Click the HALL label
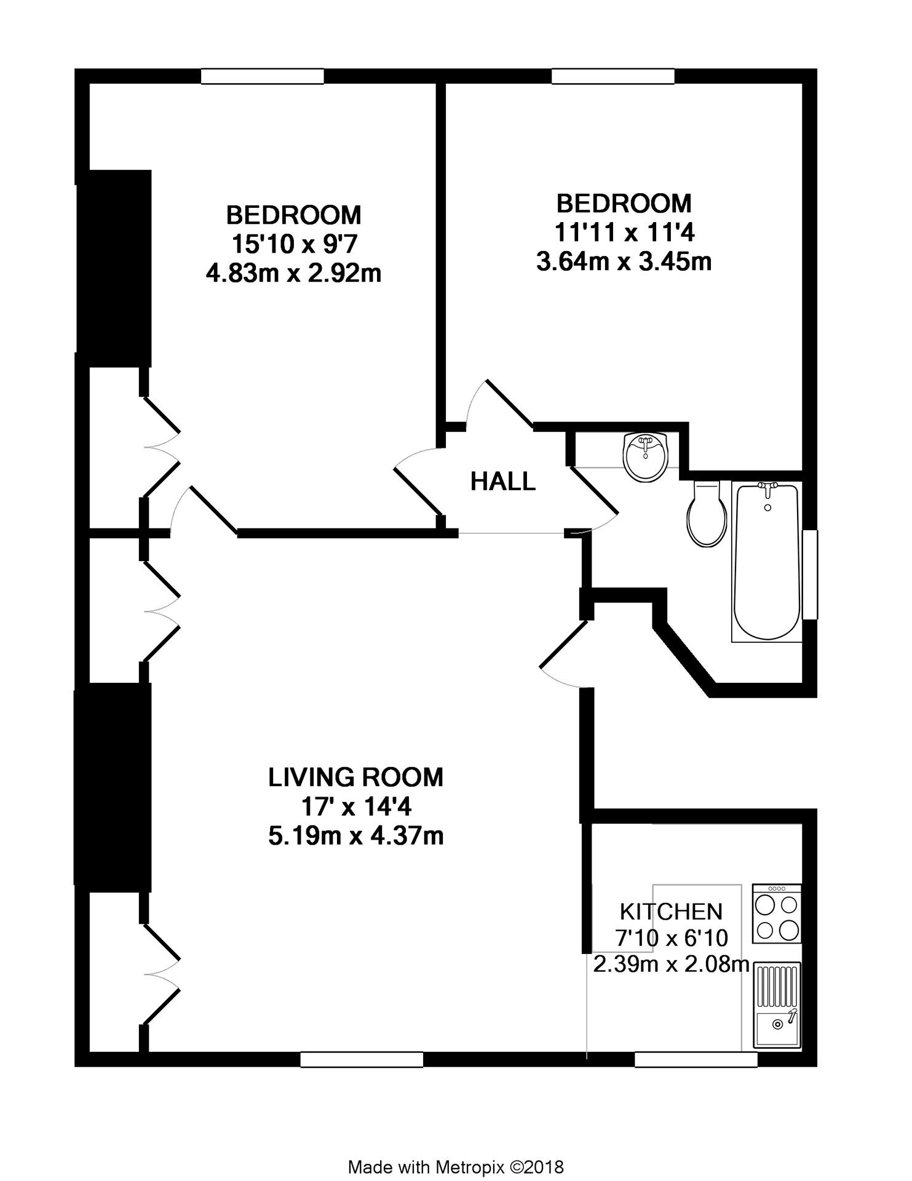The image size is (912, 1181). pyautogui.click(x=502, y=481)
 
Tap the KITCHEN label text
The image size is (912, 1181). pyautogui.click(x=670, y=911)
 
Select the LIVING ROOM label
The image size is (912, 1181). pyautogui.click(x=355, y=777)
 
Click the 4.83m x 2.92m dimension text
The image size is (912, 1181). pyautogui.click(x=293, y=273)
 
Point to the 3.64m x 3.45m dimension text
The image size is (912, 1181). pyautogui.click(x=624, y=261)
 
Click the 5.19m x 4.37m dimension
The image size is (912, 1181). pyautogui.click(x=356, y=836)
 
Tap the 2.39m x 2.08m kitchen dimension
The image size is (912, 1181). pyautogui.click(x=671, y=964)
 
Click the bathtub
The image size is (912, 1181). pyautogui.click(x=767, y=562)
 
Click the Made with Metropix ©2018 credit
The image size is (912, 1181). pyautogui.click(x=456, y=1150)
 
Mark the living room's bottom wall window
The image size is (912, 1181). pyautogui.click(x=362, y=1059)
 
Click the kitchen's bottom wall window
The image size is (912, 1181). pyautogui.click(x=696, y=1059)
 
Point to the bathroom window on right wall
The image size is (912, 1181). pyautogui.click(x=811, y=574)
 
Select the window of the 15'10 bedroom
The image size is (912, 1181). pyautogui.click(x=263, y=76)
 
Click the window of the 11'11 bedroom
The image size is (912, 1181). pyautogui.click(x=613, y=76)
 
